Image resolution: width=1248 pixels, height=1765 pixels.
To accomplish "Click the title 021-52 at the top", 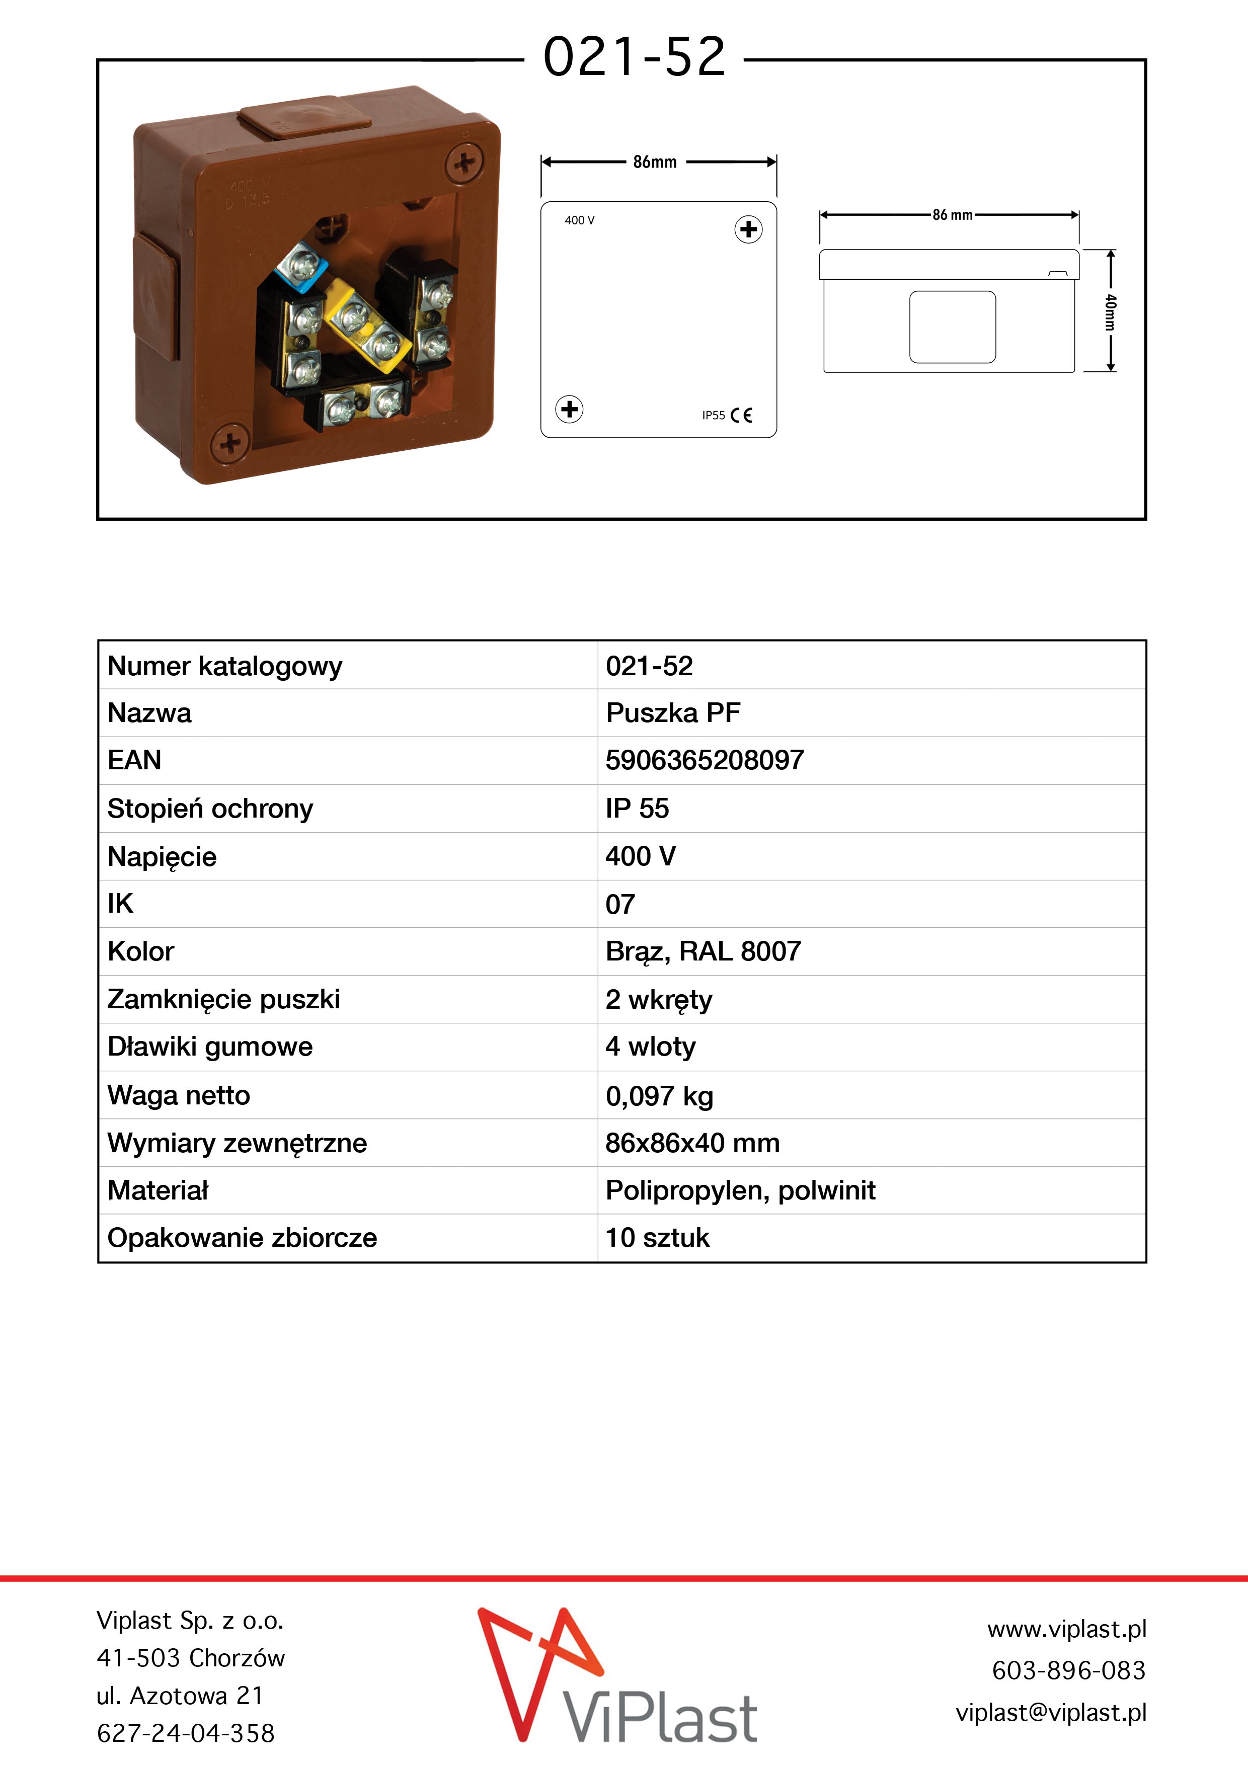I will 635,58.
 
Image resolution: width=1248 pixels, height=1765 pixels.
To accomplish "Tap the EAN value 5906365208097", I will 705,760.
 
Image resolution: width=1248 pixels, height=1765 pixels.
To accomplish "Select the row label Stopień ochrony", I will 210,809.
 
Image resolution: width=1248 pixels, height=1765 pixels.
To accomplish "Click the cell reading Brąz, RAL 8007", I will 703,952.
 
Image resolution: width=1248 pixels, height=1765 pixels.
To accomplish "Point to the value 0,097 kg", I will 659,1095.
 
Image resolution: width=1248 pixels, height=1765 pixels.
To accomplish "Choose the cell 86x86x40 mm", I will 692,1143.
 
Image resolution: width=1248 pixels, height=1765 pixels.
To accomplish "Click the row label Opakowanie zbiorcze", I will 242,1238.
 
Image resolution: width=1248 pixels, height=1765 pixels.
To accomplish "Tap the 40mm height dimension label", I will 1110,311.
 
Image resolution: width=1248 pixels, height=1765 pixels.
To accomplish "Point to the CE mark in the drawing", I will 741,415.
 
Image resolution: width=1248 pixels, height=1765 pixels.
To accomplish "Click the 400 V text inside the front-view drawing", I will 579,220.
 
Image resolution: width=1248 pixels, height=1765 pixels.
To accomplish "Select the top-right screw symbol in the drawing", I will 748,229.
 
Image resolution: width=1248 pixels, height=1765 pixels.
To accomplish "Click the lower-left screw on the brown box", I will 229,444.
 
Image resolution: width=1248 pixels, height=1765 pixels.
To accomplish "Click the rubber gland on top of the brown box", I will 305,118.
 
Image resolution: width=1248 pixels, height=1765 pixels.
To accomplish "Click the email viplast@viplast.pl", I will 1050,1713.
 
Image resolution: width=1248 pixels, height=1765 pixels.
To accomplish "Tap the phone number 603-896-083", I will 1068,1670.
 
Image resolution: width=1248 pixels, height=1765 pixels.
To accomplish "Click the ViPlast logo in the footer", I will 617,1678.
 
